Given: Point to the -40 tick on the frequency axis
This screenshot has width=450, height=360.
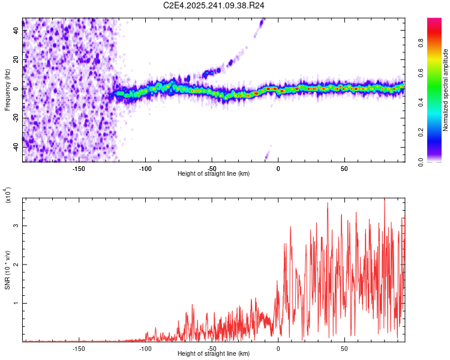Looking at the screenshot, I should (x=16, y=146).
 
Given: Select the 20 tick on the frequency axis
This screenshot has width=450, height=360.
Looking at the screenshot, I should (x=16, y=59).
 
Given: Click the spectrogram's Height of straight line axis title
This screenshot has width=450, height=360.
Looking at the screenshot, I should (x=214, y=174).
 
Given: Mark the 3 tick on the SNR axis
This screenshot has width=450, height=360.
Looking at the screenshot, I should (x=16, y=226).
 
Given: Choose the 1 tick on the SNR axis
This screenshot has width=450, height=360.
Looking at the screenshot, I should (x=16, y=303).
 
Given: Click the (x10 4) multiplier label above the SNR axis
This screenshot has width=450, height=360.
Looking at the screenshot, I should (x=8, y=196).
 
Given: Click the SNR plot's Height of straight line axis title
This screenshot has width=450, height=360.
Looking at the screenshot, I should (x=214, y=354).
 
